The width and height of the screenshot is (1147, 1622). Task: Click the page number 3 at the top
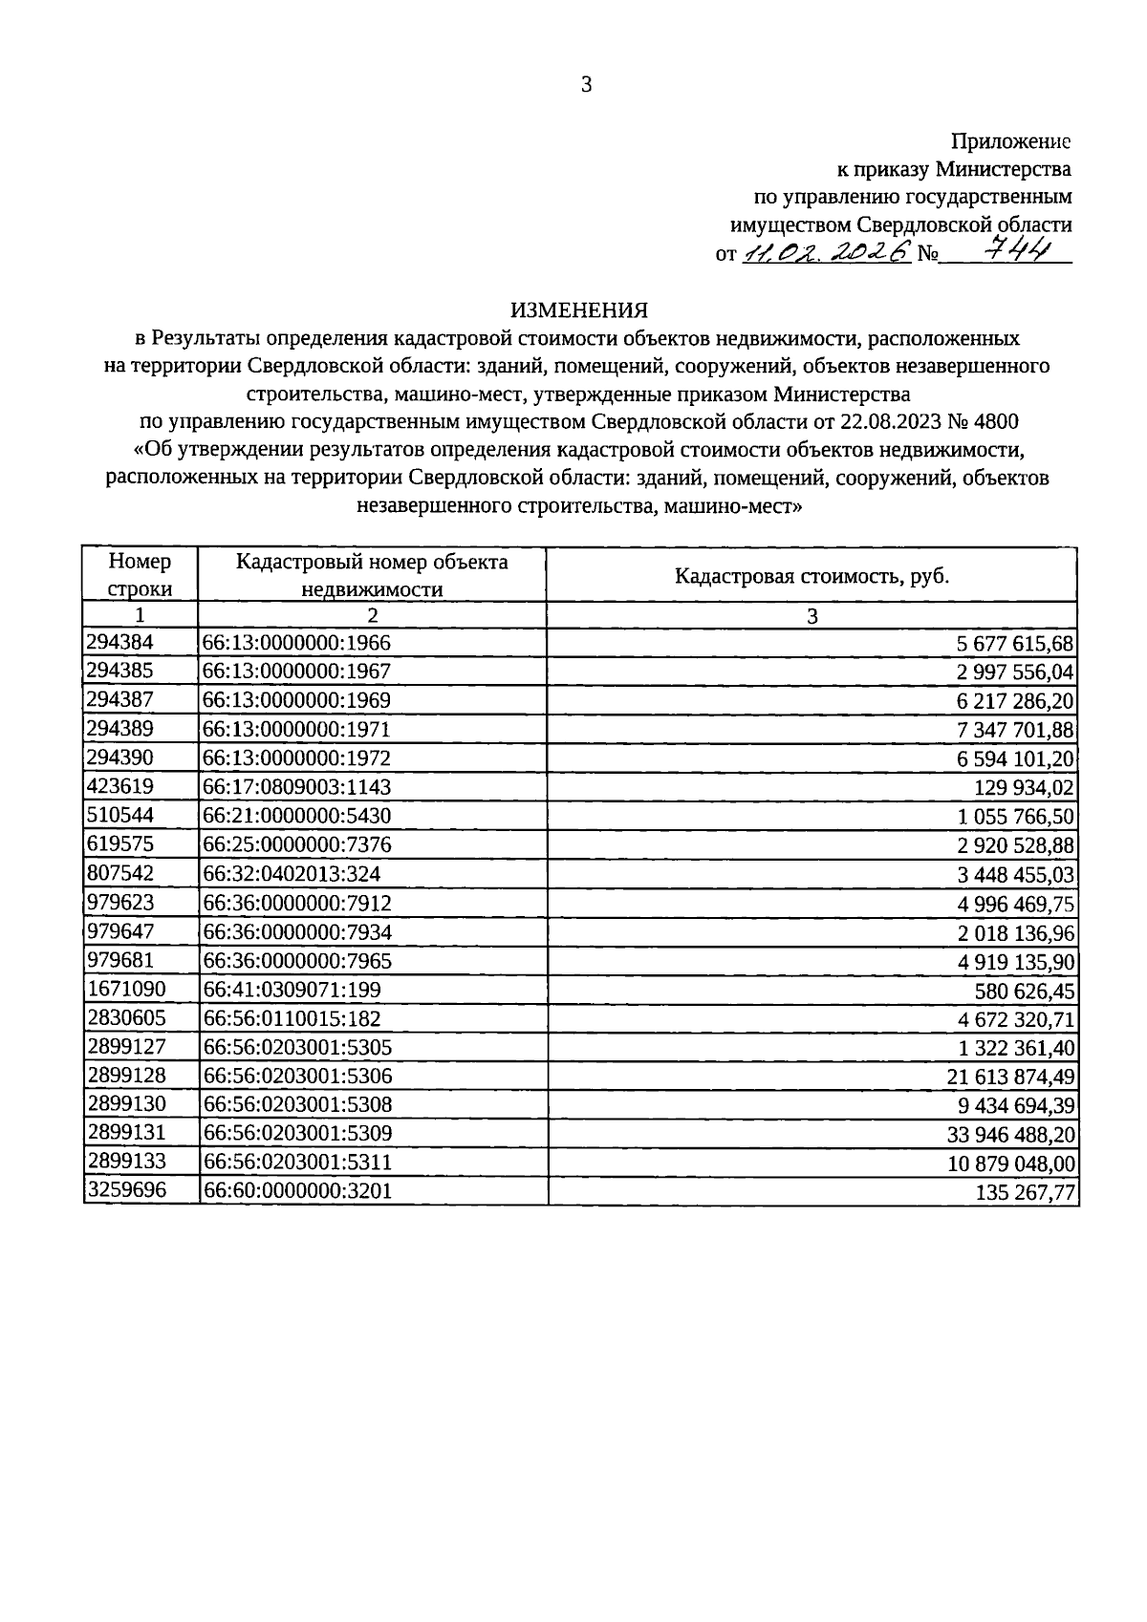click(x=586, y=85)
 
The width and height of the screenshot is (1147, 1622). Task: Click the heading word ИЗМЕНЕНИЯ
click(x=579, y=310)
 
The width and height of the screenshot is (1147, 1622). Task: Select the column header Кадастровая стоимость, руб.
click(x=812, y=576)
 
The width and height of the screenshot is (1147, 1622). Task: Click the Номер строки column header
click(x=141, y=575)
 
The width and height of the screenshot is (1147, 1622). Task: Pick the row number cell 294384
click(x=119, y=643)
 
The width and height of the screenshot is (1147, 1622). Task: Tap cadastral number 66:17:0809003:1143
click(x=297, y=787)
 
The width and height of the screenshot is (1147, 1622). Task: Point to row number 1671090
click(x=125, y=990)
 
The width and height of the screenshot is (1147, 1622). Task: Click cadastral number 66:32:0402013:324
click(x=292, y=874)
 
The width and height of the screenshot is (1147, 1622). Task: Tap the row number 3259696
click(x=125, y=1191)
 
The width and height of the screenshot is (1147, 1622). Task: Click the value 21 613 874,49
click(x=1010, y=1077)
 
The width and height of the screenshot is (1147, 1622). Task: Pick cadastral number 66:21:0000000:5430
click(x=297, y=816)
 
